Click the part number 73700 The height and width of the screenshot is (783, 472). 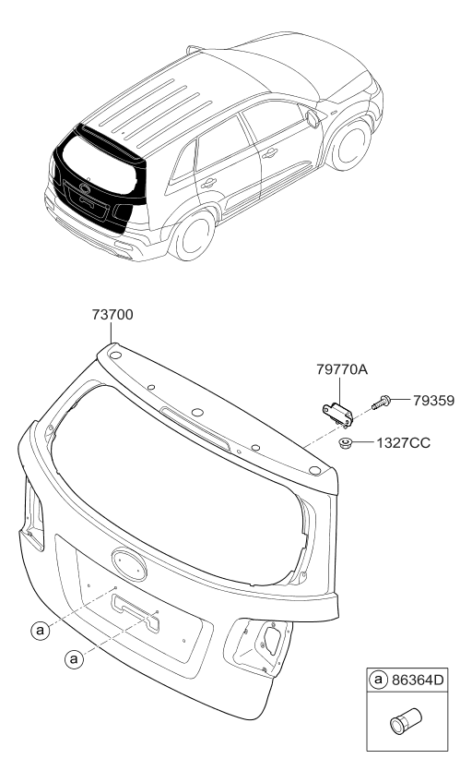tap(112, 315)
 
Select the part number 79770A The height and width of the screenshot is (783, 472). tap(341, 369)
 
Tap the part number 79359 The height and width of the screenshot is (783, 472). tap(433, 401)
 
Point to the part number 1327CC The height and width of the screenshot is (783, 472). tap(403, 443)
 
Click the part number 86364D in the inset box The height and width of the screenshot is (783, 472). tap(417, 680)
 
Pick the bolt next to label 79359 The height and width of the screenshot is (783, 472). tap(382, 402)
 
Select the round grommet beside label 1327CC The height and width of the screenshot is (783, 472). tap(345, 442)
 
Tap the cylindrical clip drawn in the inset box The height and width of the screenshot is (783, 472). tap(406, 721)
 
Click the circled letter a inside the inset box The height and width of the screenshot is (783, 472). tap(378, 680)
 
